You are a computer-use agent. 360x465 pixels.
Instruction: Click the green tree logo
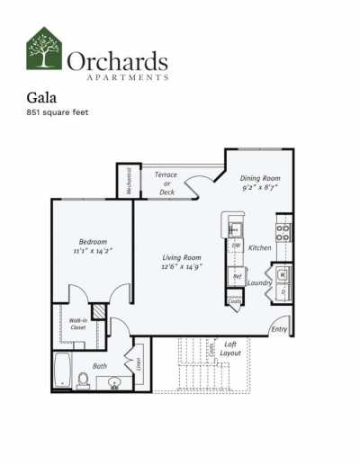click(x=44, y=49)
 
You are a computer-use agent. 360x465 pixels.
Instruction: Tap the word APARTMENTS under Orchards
click(x=118, y=78)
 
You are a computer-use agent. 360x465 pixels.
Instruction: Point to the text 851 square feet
click(x=58, y=113)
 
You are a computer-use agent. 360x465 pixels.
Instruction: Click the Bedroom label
click(x=93, y=242)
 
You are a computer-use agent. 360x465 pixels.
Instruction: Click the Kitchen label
click(x=260, y=247)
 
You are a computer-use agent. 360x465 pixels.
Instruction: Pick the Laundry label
click(x=260, y=282)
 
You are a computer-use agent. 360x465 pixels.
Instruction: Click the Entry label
click(x=279, y=329)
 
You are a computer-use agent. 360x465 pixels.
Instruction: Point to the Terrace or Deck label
click(x=166, y=183)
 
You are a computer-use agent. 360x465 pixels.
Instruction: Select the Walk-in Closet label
click(x=78, y=324)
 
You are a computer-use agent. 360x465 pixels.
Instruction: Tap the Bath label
click(x=99, y=365)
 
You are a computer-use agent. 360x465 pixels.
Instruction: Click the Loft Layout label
click(x=230, y=348)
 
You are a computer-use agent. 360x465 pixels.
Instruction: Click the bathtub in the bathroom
click(x=62, y=370)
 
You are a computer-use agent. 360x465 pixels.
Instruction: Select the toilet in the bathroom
click(x=83, y=380)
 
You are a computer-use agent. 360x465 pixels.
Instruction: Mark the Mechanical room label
click(x=129, y=181)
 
